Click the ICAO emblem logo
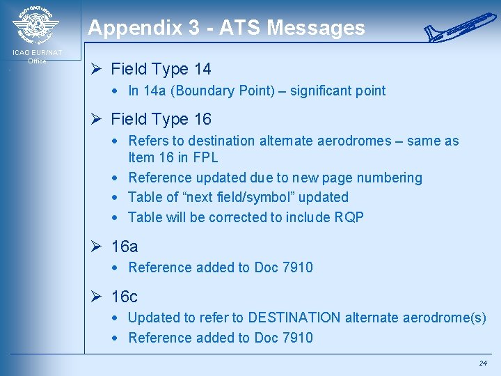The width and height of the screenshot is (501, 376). pos(36,25)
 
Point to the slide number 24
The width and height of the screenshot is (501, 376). pos(483,363)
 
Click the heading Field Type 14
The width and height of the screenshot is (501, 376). pos(161,69)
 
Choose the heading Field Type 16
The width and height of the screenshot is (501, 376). pos(161,119)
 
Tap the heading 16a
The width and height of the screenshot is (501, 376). pos(125,247)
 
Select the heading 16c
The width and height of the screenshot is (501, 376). pos(125,297)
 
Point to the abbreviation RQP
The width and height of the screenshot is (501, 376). pos(349,217)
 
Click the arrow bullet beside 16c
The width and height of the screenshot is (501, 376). pos(97,297)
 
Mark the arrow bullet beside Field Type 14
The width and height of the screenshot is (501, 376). pos(97,69)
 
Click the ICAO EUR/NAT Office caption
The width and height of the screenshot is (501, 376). pos(37,56)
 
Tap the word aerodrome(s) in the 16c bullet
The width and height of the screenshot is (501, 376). pos(445,318)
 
